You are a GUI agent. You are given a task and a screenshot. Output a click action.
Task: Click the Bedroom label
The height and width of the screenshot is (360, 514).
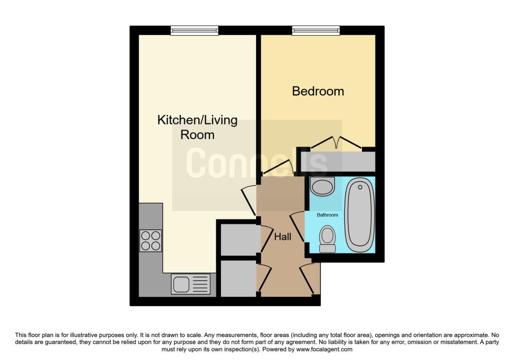pos(318,91)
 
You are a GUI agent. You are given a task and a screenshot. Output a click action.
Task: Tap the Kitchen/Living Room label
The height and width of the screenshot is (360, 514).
pos(197,128)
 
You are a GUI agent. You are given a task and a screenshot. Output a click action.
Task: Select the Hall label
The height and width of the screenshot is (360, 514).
pos(282,236)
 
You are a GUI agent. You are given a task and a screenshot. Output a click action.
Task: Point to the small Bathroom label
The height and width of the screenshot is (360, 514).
pos(327,215)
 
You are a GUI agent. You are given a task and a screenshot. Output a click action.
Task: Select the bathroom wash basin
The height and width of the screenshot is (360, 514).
pos(322,187)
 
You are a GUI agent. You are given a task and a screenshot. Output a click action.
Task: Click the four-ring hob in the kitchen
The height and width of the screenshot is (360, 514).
pos(151,241)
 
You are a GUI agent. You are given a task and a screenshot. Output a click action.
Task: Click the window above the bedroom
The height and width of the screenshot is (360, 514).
pos(316,31)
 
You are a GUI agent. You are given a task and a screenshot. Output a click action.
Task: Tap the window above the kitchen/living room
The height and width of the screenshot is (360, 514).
pos(194,31)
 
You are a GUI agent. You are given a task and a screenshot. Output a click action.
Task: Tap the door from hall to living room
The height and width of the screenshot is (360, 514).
pos(248,201)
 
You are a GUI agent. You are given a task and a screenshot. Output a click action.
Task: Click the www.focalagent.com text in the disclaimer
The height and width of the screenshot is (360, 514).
pos(325,349)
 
